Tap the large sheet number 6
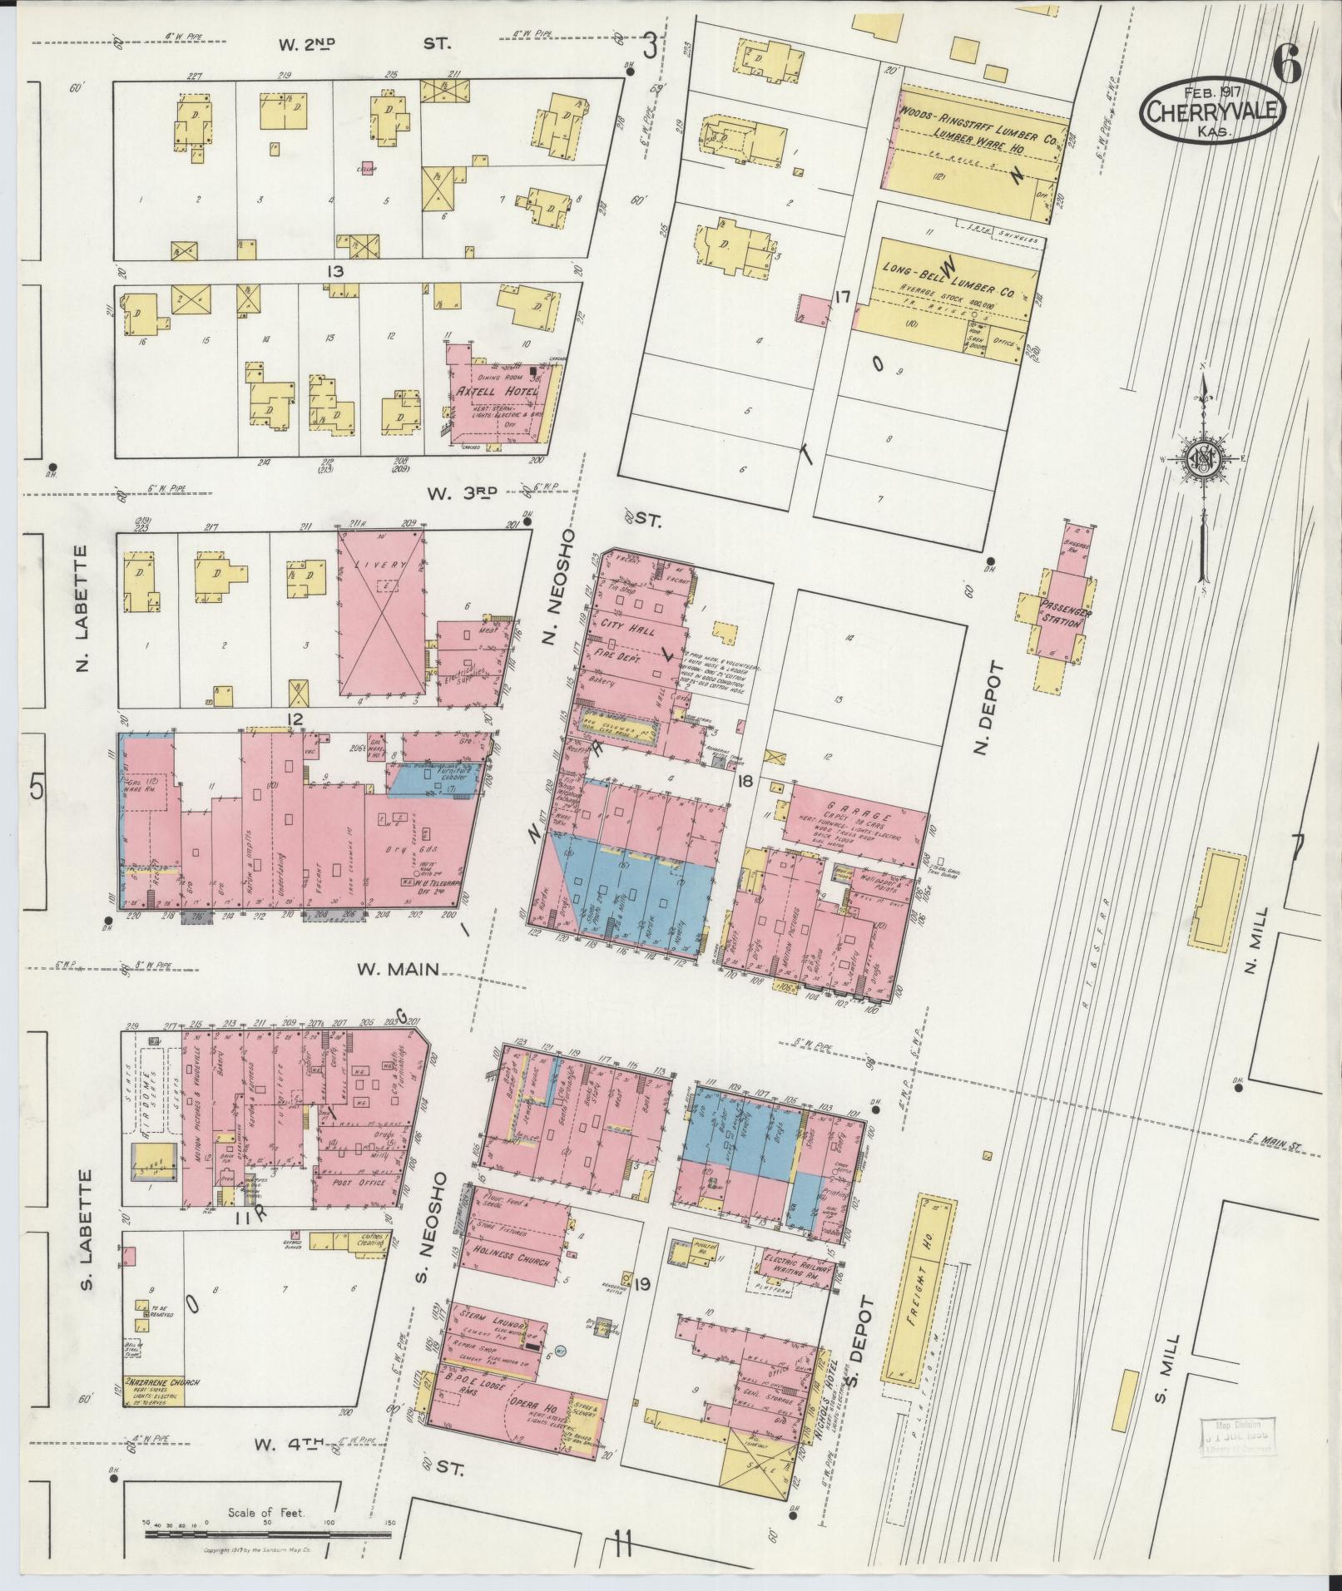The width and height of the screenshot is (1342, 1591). tap(1286, 62)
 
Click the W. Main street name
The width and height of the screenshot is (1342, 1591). tap(398, 969)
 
